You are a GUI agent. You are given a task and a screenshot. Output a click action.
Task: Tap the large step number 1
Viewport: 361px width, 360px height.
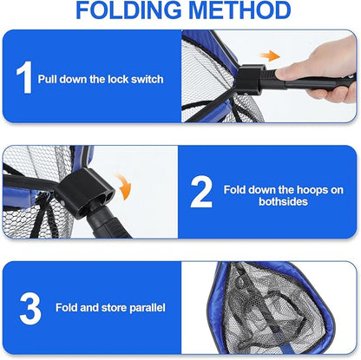pos(23,77)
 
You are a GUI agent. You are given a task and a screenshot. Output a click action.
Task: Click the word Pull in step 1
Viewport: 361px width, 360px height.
pos(49,79)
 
